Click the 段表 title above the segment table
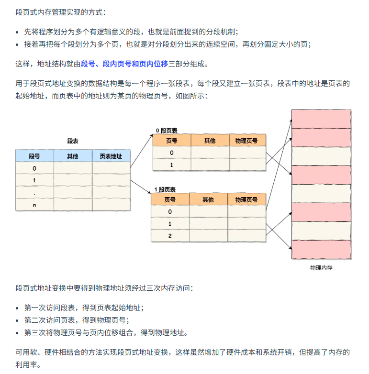click(73, 141)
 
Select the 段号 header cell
click(34, 156)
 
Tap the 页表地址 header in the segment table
click(111, 156)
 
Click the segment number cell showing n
click(34, 205)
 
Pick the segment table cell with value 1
click(34, 180)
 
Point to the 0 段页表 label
click(167, 130)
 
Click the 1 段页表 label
click(165, 190)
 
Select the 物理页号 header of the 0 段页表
click(247, 141)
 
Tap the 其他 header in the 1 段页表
click(208, 199)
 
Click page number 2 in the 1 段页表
click(170, 236)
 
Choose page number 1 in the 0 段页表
click(171, 165)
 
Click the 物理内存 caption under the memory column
click(321, 268)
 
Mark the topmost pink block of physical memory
click(321, 119)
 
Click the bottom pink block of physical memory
click(321, 250)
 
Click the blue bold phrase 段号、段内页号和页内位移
click(124, 64)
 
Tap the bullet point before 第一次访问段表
click(18, 308)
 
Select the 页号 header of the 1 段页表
click(170, 199)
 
